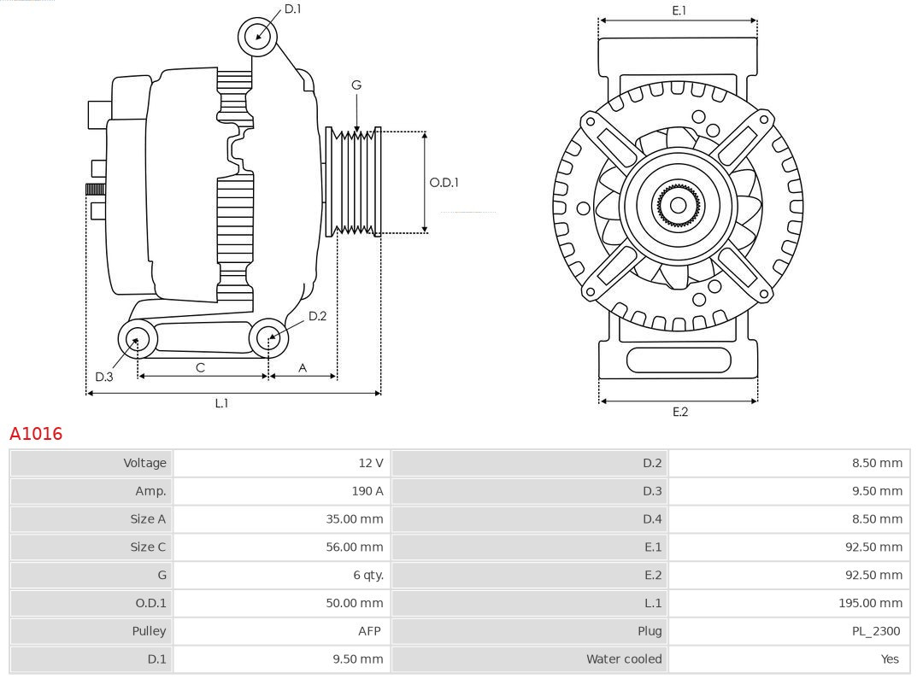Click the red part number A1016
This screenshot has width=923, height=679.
point(36,434)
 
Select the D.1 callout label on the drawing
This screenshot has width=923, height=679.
point(292,9)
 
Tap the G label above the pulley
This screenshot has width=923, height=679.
point(356,85)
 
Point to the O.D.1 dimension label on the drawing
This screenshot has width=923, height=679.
point(444,182)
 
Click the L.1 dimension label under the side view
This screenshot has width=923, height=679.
point(221,403)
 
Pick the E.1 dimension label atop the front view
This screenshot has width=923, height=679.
point(679,10)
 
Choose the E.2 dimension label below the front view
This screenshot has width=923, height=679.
point(679,412)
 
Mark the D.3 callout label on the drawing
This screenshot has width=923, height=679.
point(104,377)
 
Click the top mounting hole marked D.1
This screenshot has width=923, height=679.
point(257,36)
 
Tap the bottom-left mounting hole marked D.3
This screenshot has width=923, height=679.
point(136,340)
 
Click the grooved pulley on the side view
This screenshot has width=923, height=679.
point(354,182)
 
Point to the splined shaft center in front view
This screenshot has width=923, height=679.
point(678,205)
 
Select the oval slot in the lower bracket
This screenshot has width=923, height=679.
point(679,360)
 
